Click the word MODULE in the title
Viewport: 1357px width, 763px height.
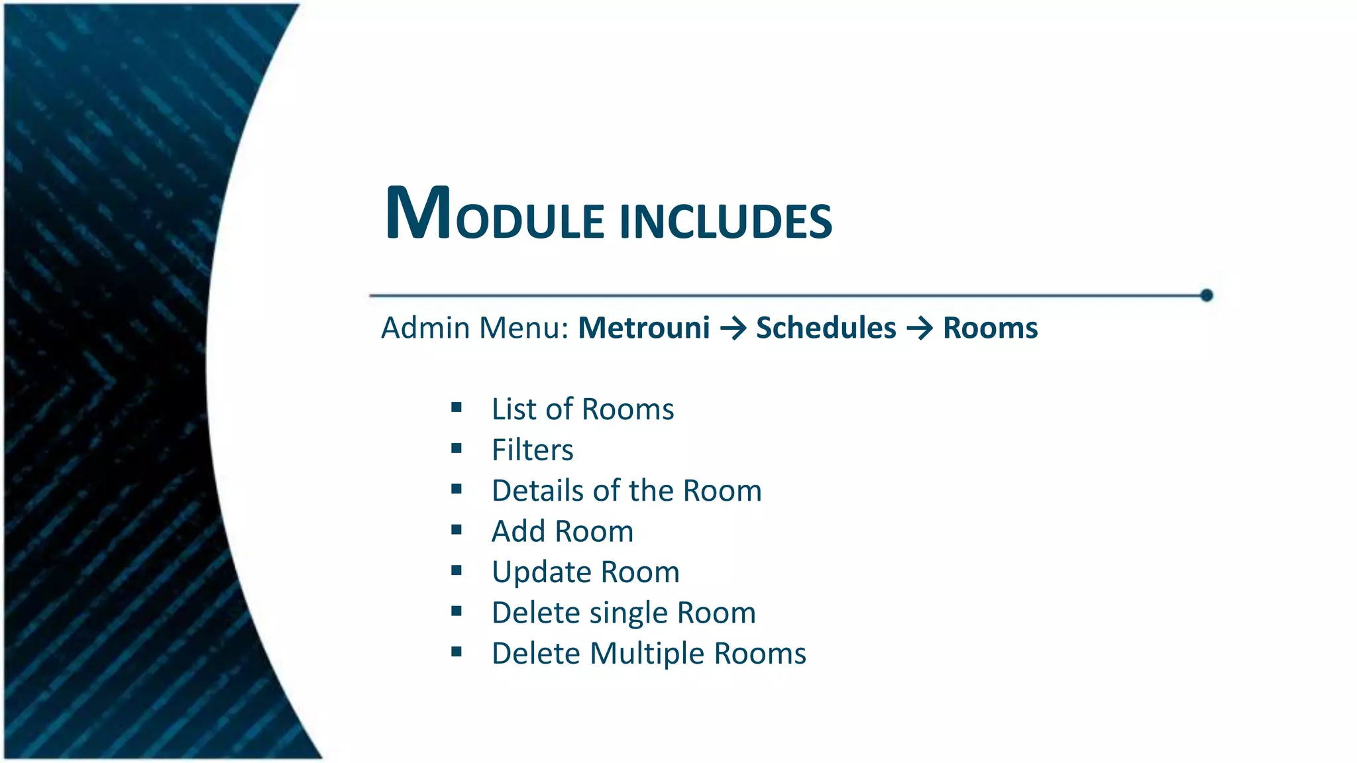pos(494,215)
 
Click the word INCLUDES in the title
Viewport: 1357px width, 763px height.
pos(726,221)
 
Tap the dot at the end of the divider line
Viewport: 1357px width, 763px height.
pos(1206,295)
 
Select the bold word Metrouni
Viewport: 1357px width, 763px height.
pos(643,328)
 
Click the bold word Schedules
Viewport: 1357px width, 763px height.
pos(826,328)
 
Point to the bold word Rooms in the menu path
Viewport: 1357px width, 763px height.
pos(990,328)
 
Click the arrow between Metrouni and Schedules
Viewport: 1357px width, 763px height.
pos(733,329)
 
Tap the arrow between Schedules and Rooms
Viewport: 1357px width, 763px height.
pos(919,329)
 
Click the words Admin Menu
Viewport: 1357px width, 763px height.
pos(474,328)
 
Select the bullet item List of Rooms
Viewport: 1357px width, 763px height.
pos(582,409)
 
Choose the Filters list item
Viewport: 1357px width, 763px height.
pos(532,450)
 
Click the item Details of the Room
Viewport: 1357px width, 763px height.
pos(626,491)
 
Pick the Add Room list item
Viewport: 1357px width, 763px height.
pos(562,531)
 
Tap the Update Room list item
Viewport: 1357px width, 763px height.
pos(585,572)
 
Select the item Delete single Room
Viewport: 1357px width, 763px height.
pos(623,613)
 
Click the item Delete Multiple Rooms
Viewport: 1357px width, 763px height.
pos(648,654)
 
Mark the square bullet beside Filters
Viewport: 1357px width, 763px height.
pos(456,448)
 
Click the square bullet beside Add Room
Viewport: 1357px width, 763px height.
pos(456,530)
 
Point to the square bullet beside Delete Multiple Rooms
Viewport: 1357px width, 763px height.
pos(456,652)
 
